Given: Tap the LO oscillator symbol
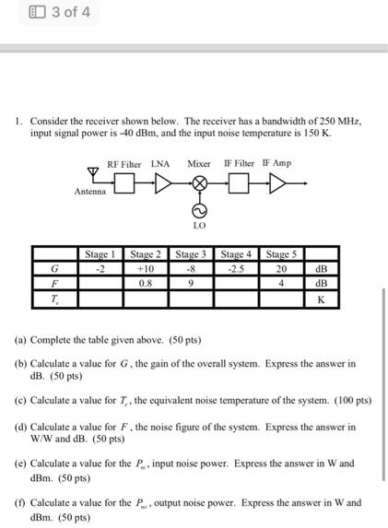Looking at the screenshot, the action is coord(196,209).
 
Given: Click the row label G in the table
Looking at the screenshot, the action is coord(56,268).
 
